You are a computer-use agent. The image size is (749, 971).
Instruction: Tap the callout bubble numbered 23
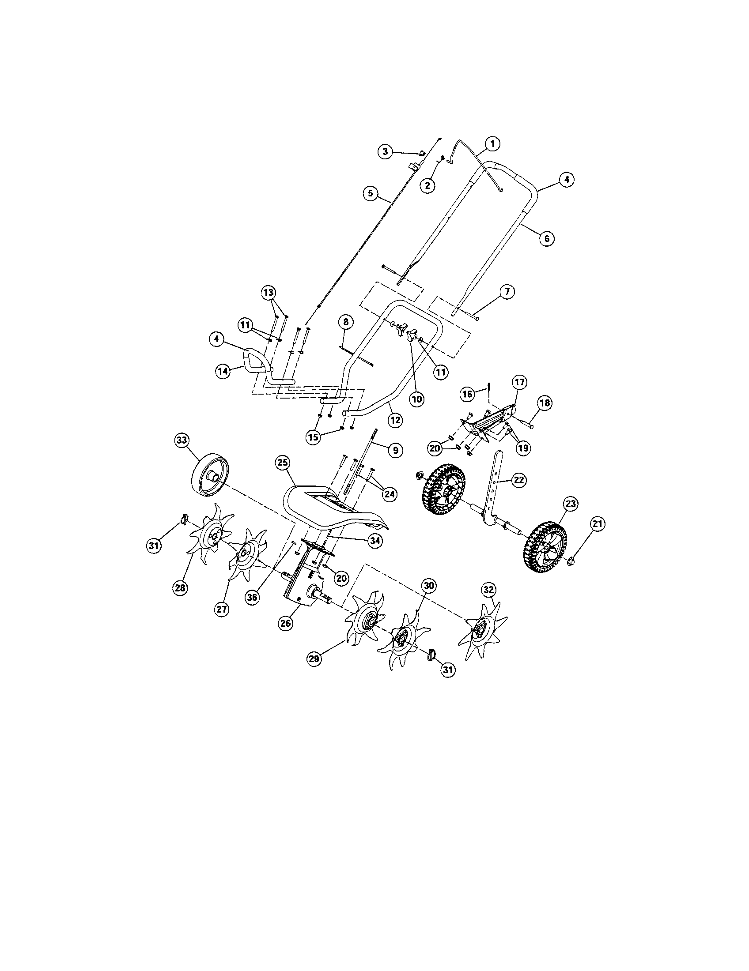[x=571, y=504]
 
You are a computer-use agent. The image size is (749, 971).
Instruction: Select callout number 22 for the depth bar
[x=519, y=480]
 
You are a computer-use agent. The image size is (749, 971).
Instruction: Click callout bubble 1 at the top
[x=492, y=143]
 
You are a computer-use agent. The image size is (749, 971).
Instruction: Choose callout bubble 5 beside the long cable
[x=370, y=193]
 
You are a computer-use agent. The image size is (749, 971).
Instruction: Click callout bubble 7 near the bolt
[x=507, y=292]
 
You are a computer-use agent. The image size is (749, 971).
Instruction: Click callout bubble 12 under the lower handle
[x=395, y=419]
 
